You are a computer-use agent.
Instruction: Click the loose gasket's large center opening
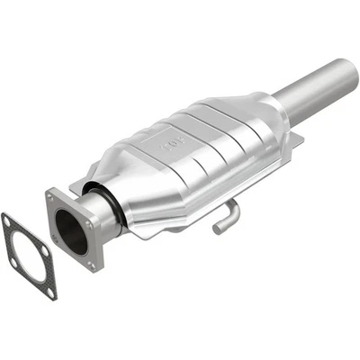29,256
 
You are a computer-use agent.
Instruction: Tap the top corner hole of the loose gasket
9,220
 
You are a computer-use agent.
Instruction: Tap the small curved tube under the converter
227,216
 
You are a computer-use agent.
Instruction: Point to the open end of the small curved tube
218,229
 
